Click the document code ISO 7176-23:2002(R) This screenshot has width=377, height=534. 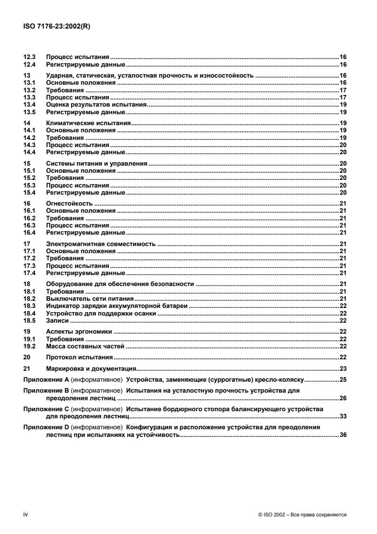(x=58, y=27)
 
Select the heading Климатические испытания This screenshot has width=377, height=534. (x=81, y=123)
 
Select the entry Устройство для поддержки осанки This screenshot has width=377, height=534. (x=93, y=314)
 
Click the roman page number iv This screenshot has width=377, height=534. (x=26, y=514)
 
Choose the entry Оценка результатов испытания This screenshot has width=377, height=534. (x=96, y=104)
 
